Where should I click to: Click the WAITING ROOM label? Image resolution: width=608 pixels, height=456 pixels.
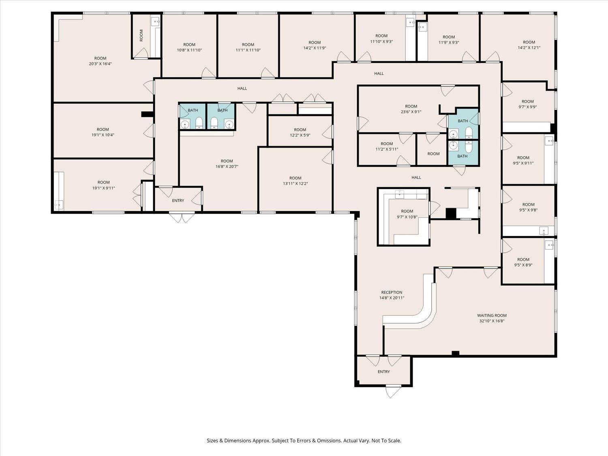[492, 315]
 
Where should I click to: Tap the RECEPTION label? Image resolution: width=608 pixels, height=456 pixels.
[392, 292]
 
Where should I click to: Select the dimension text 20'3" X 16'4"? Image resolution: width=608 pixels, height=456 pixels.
[100, 64]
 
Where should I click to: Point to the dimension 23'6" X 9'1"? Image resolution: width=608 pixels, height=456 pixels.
[411, 112]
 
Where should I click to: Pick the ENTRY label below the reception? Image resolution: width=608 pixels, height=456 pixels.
[383, 372]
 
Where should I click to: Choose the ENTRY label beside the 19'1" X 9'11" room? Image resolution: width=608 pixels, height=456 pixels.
[178, 201]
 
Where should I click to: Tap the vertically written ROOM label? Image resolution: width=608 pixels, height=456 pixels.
[141, 35]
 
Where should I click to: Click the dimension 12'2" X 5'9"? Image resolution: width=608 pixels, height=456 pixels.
[300, 135]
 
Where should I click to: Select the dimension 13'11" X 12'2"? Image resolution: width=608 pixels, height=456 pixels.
[295, 184]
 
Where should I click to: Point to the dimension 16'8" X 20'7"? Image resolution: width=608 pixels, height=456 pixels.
[227, 167]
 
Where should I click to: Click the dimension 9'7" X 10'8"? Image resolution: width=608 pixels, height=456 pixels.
[407, 217]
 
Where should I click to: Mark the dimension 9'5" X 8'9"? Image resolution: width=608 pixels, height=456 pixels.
[523, 265]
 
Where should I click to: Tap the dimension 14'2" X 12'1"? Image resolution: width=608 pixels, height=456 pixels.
[529, 47]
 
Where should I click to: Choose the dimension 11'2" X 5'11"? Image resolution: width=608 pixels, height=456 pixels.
[387, 149]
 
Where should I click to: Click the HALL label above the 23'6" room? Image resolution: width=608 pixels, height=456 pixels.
[379, 73]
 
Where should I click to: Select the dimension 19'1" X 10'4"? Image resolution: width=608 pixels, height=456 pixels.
[103, 135]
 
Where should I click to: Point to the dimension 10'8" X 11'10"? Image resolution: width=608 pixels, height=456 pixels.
[189, 50]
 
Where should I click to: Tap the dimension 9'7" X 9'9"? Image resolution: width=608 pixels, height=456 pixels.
[528, 107]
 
